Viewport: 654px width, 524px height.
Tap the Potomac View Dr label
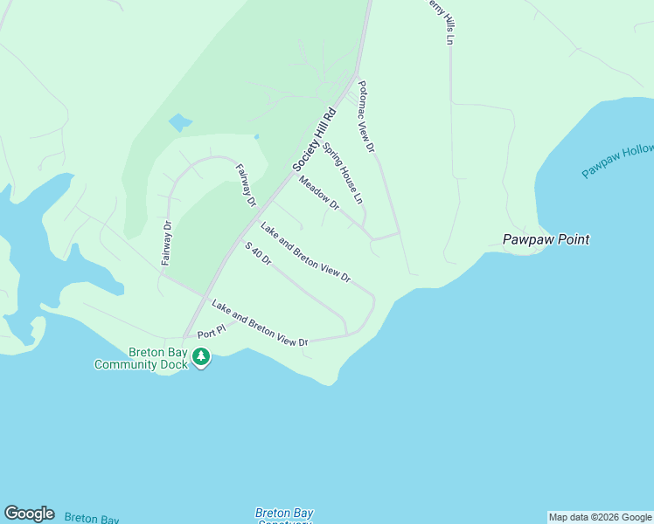365,117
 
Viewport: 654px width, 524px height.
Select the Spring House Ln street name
343,173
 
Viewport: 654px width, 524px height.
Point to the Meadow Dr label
318,193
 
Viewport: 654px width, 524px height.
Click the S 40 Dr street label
258,254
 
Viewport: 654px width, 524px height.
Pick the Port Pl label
211,333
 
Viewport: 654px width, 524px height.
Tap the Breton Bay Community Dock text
141,358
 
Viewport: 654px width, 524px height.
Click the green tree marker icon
201,356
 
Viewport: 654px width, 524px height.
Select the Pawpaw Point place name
546,239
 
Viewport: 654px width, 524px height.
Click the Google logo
29,514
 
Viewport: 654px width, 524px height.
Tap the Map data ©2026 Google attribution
600,517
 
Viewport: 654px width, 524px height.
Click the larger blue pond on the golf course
179,122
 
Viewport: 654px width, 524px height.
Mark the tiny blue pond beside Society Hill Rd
256,136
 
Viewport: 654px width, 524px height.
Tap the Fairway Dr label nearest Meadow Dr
245,185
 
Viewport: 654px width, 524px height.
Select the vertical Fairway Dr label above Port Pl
167,243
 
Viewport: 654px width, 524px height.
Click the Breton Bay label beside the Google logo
91,519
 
